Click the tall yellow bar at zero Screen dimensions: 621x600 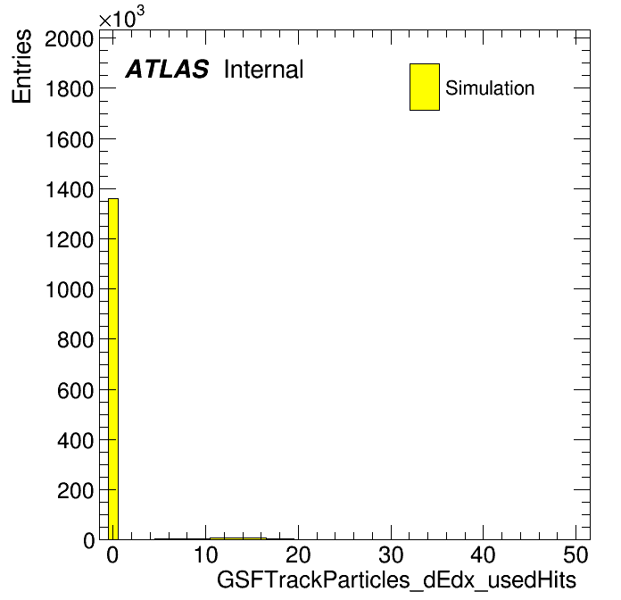pos(113,369)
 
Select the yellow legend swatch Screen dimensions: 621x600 pos(425,87)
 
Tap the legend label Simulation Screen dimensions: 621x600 pos(490,87)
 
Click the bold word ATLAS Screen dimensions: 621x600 pos(167,69)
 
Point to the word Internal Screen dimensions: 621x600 pos(264,69)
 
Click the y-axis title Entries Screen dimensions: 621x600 pos(21,66)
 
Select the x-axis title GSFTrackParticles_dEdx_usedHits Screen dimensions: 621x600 pos(396,580)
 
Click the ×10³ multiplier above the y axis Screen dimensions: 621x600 pos(121,17)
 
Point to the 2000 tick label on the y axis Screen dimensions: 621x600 pos(70,38)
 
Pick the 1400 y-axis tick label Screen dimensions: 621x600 pos(70,189)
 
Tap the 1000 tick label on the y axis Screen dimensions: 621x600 pos(70,289)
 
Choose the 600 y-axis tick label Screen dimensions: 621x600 pos(75,391)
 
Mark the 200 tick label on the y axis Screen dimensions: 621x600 pos(75,490)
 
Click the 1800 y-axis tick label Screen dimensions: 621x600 pos(70,88)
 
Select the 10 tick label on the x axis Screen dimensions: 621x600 pos(205,555)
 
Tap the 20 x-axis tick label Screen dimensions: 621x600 pos(298,555)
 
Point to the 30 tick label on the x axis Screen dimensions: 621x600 pos(391,555)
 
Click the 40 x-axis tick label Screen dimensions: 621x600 pos(484,555)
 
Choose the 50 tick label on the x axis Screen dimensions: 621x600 pos(575,555)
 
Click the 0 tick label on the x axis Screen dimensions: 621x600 pos(112,555)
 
